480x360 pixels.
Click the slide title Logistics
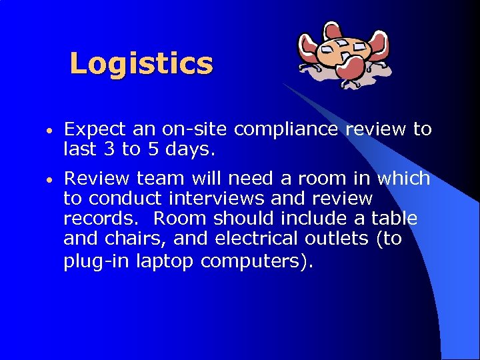[x=141, y=64]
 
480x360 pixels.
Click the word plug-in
[x=97, y=261]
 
